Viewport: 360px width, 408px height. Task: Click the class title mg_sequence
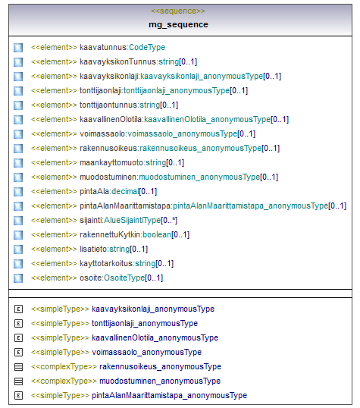[178, 24]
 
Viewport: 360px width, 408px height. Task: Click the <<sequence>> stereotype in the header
[178, 11]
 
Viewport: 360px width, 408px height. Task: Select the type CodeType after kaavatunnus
[147, 47]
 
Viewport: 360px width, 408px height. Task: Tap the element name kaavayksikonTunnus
[117, 61]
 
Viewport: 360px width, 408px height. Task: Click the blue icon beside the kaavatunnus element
[18, 48]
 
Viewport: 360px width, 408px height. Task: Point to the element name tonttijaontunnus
[108, 105]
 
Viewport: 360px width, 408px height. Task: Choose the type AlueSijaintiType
[133, 221]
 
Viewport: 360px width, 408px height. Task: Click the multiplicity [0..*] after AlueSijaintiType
[169, 221]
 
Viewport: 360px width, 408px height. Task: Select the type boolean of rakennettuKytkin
[157, 234]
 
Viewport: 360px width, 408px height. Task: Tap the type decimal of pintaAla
[125, 192]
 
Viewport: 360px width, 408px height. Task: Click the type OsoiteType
[124, 278]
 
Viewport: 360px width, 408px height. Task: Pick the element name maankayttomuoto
[111, 162]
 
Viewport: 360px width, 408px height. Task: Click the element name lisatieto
[93, 249]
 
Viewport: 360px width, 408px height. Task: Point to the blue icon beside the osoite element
[18, 278]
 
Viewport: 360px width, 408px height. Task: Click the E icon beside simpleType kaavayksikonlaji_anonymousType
[18, 309]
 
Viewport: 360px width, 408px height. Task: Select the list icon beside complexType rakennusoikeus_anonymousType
[18, 367]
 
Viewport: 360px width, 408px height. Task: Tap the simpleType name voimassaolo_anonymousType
[147, 352]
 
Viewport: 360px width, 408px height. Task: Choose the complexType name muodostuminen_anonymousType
[160, 381]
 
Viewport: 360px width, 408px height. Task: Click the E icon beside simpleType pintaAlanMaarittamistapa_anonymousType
[18, 396]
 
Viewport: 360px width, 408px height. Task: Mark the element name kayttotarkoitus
[106, 264]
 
